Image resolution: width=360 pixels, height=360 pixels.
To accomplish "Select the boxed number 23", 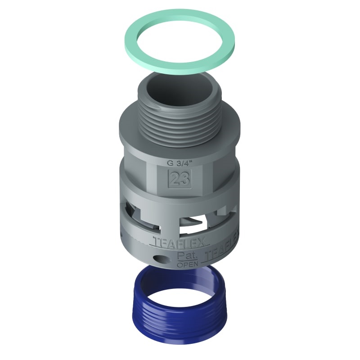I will [179, 180].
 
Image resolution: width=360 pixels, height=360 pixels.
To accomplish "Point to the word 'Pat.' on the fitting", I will [185, 256].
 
